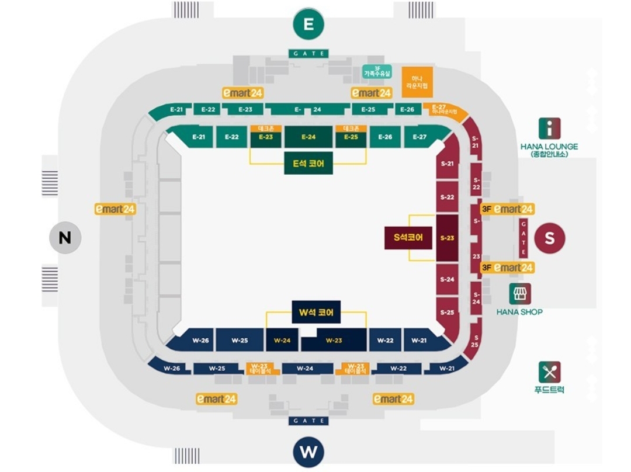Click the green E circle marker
(308, 24)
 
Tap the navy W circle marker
(308, 452)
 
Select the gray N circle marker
(65, 237)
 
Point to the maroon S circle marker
(550, 238)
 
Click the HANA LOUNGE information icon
(549, 129)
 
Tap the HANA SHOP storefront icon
(519, 294)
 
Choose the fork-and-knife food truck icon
(549, 372)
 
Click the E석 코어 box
(308, 163)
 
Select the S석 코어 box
(408, 237)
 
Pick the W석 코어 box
(316, 313)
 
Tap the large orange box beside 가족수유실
(417, 82)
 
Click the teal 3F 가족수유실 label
(377, 71)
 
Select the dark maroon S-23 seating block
(447, 237)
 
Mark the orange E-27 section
(448, 110)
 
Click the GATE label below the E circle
(308, 54)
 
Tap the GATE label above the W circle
(308, 421)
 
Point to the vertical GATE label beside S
(523, 238)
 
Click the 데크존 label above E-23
(266, 129)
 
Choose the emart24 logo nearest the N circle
(115, 209)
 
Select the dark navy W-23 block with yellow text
(334, 340)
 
